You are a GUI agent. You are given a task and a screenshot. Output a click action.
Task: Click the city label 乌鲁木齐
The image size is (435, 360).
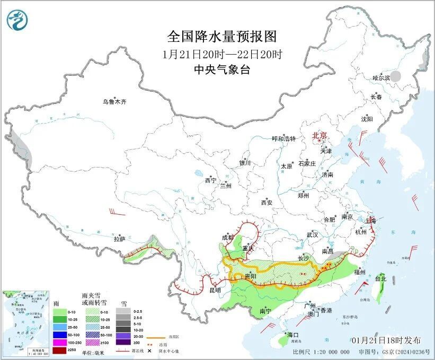(115, 102)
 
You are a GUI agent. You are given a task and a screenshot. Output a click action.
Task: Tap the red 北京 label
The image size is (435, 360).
(320, 135)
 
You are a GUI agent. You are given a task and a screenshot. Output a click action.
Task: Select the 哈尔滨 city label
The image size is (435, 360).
(380, 77)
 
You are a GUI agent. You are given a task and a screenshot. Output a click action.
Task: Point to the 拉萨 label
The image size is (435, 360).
(119, 239)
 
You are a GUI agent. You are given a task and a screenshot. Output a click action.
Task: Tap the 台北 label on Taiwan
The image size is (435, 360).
(380, 278)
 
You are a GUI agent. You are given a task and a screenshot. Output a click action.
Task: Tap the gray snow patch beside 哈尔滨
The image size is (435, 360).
(400, 77)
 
